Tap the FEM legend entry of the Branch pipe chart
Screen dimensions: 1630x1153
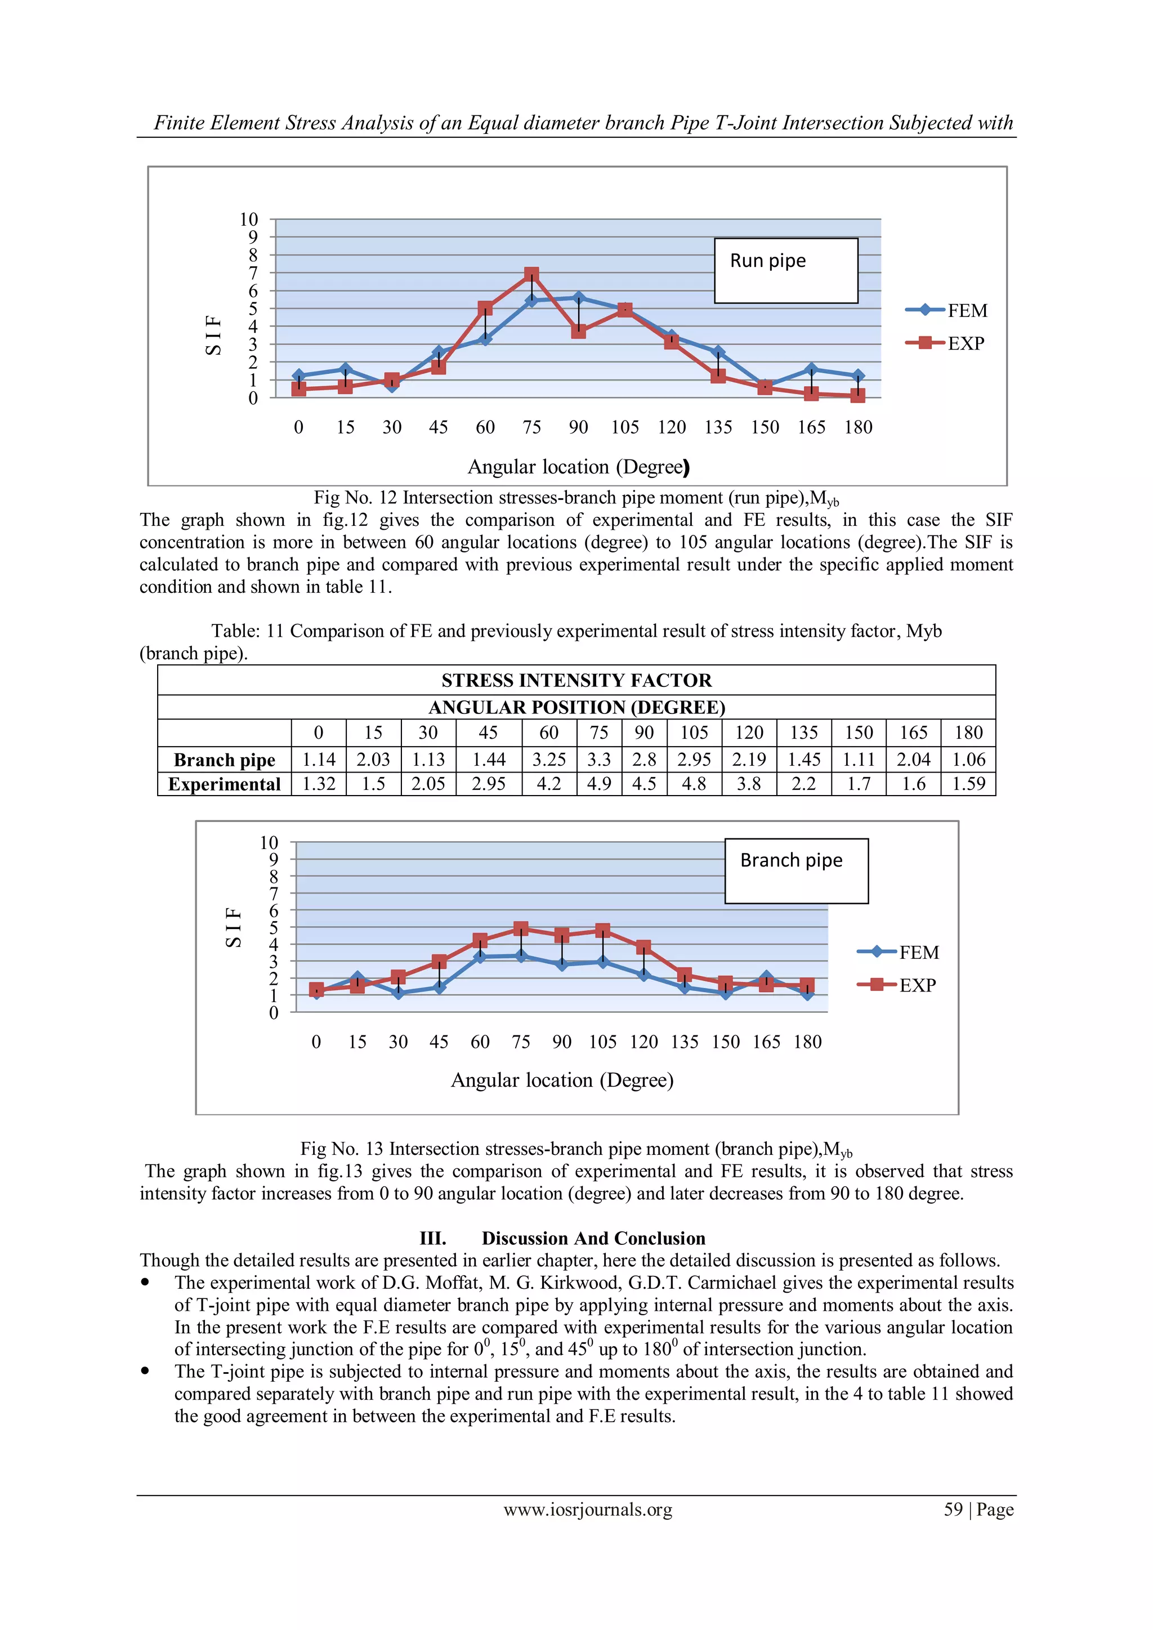(x=899, y=953)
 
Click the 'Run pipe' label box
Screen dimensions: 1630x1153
(x=785, y=270)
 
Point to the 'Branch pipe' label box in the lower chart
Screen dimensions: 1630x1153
(x=796, y=870)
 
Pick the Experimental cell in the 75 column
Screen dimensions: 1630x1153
(x=598, y=784)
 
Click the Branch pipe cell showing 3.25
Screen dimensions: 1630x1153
(x=549, y=760)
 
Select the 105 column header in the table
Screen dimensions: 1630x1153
(x=694, y=733)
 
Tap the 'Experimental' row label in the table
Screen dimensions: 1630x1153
(x=225, y=784)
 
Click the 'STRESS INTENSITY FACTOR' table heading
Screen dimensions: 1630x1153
(x=576, y=680)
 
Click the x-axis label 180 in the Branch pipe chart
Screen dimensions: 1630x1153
(x=807, y=1042)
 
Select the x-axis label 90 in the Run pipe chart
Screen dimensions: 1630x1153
(x=578, y=427)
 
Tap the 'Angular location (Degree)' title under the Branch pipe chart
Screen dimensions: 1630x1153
(x=562, y=1080)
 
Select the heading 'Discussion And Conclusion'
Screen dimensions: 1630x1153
(x=593, y=1238)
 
